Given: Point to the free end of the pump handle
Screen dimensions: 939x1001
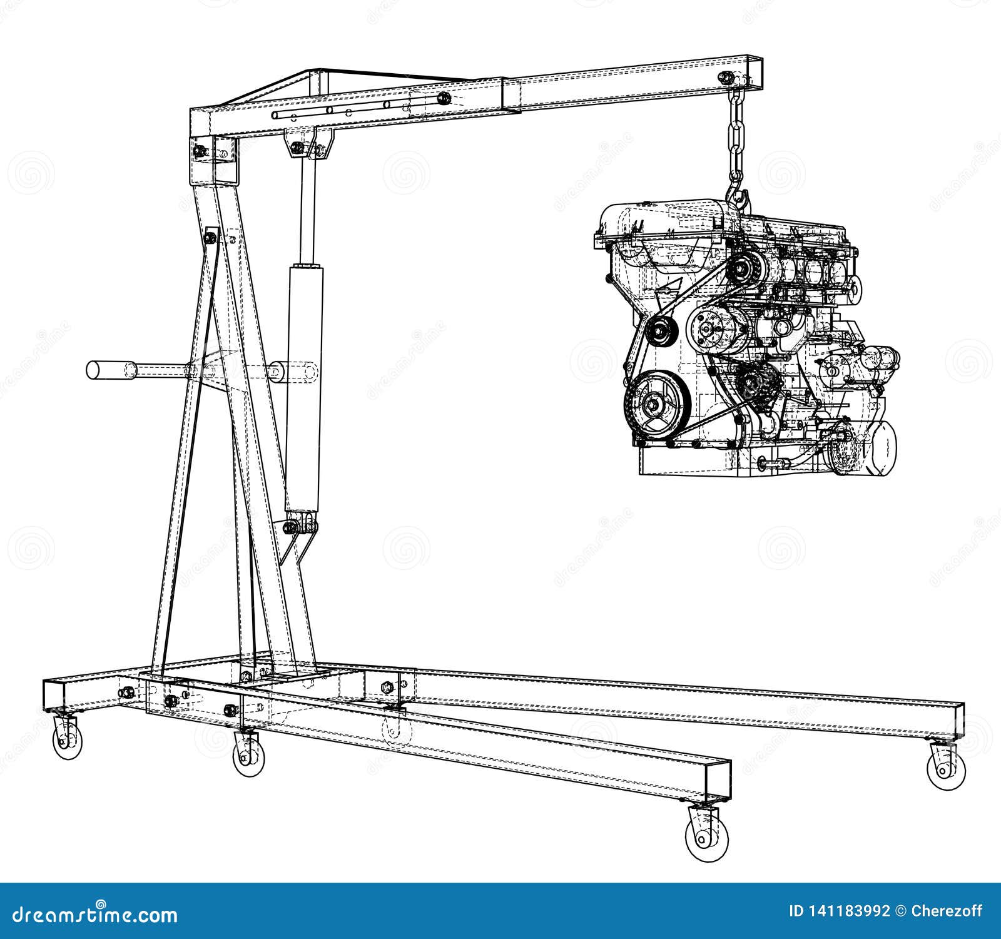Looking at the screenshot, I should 94,370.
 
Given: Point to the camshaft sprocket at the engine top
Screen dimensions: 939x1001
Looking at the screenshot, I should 744,270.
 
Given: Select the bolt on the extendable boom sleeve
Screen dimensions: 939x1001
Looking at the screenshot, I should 443,98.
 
